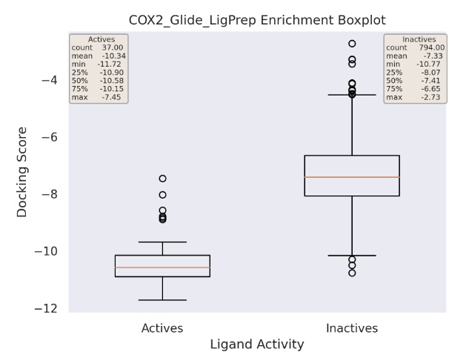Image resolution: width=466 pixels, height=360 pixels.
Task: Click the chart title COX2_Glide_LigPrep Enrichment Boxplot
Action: tap(257, 21)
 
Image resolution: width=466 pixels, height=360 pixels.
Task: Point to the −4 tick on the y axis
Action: tap(50, 80)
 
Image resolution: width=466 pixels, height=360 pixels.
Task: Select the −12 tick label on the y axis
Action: tap(46, 309)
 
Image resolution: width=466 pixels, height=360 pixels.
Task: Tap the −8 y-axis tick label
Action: tap(50, 195)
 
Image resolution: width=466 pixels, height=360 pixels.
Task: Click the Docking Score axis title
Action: tap(21, 173)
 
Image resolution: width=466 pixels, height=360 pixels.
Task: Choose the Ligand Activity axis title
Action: tap(257, 344)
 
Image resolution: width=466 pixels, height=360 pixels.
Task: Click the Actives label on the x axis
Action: tap(162, 328)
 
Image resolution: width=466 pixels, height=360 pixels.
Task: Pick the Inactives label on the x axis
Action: tap(352, 328)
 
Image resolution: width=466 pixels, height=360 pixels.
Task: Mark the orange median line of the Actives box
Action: tap(162, 267)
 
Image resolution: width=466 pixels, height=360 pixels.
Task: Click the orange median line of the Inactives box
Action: tap(352, 177)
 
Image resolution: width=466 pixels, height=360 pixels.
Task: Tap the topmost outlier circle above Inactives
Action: tap(352, 44)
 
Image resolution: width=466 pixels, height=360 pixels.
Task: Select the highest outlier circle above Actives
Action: tap(162, 179)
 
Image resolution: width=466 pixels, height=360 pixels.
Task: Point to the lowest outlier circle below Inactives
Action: tap(352, 273)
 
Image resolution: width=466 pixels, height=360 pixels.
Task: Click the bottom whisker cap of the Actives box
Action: tap(162, 300)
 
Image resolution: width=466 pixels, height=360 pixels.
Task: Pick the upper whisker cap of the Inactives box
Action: tap(352, 95)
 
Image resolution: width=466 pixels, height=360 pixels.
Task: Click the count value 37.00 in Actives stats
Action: tap(113, 47)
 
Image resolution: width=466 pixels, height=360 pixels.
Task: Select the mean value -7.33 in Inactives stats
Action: tap(433, 56)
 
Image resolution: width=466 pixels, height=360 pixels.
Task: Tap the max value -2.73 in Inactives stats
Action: tap(430, 97)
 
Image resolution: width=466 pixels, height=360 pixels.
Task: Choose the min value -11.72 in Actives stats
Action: tap(110, 64)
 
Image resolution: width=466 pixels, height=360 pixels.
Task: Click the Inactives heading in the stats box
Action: tap(419, 39)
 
